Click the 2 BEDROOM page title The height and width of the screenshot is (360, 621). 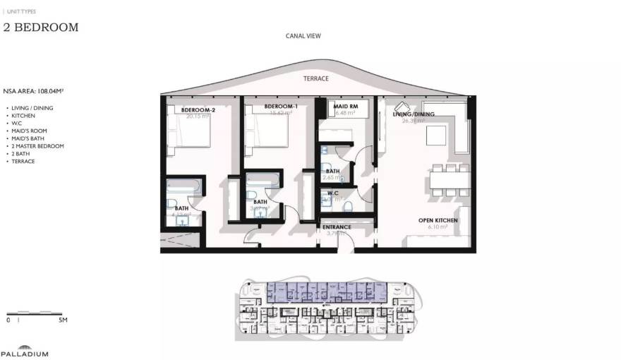click(40, 28)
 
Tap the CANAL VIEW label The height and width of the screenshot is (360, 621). click(303, 35)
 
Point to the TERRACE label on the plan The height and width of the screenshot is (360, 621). click(315, 79)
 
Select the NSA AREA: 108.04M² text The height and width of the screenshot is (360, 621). click(33, 91)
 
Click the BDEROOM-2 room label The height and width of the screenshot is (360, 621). click(198, 109)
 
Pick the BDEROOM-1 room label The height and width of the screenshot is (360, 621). click(281, 107)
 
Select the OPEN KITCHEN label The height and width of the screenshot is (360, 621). click(438, 221)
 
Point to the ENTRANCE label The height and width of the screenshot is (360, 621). click(337, 227)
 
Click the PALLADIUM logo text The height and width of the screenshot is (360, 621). click(24, 354)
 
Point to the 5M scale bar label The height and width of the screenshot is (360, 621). click(62, 320)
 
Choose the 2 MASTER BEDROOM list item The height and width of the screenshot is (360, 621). click(38, 146)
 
